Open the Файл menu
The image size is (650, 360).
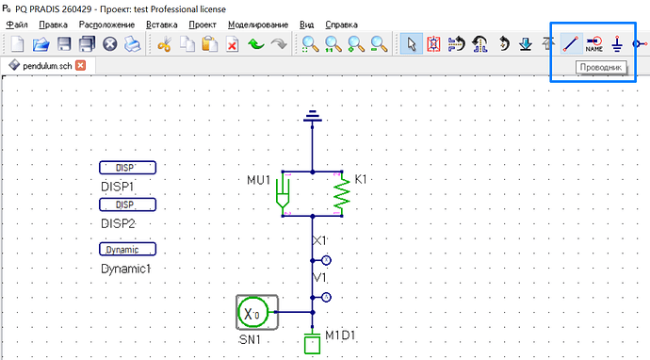coord(17,25)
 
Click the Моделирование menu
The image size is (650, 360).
coord(258,25)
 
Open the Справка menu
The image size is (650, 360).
coord(341,25)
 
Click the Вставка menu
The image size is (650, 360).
coord(162,25)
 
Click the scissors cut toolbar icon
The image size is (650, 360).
coord(165,44)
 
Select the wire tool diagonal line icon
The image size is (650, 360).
coord(571,44)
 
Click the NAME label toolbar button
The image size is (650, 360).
coord(594,44)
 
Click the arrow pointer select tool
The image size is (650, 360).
coord(412,44)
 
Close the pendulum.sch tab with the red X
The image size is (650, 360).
coord(80,66)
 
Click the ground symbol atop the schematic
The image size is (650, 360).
coord(312,116)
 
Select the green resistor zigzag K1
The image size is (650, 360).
coord(342,193)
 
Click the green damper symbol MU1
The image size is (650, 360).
coord(283,193)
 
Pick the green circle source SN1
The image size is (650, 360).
coord(252,312)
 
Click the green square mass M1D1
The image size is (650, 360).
coord(312,345)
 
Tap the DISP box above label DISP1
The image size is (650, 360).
coord(128,168)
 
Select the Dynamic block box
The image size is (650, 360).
coord(128,249)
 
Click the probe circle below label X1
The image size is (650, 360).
coord(326,260)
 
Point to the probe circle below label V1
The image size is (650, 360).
coord(326,298)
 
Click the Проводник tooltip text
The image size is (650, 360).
coord(601,67)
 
